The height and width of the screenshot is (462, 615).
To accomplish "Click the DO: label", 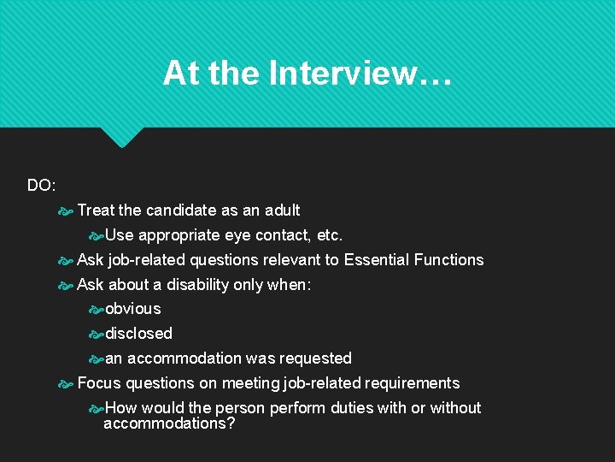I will [41, 185].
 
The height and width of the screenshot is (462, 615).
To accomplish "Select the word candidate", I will [180, 210].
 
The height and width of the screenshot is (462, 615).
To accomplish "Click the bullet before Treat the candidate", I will [66, 210].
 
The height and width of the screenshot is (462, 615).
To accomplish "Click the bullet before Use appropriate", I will [96, 235].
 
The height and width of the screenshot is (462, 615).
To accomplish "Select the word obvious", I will [132, 308].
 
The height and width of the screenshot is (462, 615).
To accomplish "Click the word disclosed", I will [138, 333].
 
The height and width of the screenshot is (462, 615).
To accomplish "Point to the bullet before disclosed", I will [96, 334].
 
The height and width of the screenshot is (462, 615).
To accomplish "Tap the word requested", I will [312, 358].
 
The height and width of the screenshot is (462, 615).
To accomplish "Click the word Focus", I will [99, 382].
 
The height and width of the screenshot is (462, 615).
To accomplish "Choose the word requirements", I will [412, 382].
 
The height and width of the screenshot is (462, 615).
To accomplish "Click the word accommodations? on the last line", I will [169, 423].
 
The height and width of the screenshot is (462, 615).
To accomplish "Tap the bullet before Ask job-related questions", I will [66, 260].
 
